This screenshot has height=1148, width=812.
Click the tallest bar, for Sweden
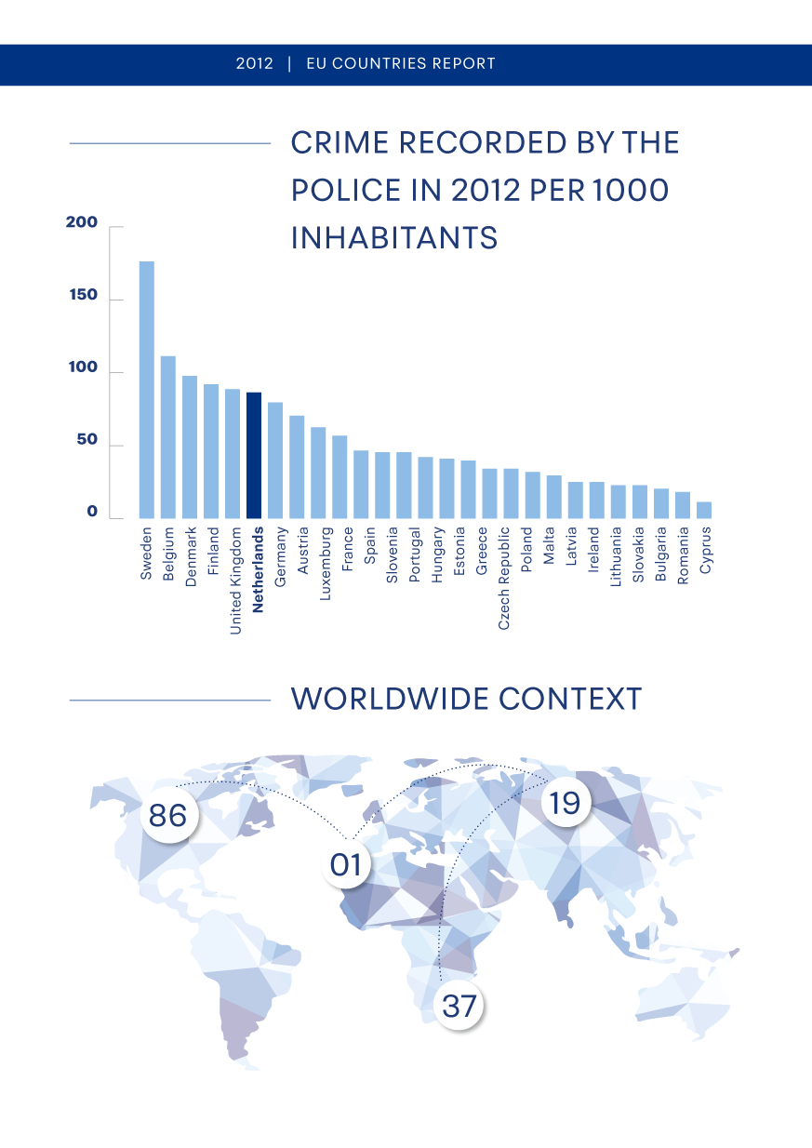pyautogui.click(x=147, y=390)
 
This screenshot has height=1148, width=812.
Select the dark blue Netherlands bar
pyautogui.click(x=254, y=455)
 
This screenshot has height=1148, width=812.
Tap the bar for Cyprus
pyautogui.click(x=704, y=510)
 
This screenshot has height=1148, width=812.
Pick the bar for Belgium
pyautogui.click(x=168, y=437)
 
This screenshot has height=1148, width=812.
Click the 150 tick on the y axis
pyautogui.click(x=82, y=296)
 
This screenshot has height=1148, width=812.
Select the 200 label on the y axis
pyautogui.click(x=82, y=223)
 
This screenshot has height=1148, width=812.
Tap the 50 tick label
pyautogui.click(x=87, y=440)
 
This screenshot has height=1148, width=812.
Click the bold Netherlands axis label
pyautogui.click(x=259, y=570)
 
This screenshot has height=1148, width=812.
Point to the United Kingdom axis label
pyautogui.click(x=236, y=581)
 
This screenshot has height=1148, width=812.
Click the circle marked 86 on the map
pyautogui.click(x=168, y=816)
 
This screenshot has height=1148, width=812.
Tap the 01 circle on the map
pyautogui.click(x=346, y=865)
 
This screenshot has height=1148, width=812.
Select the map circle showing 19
pyautogui.click(x=565, y=802)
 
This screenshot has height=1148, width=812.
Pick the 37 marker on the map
pyautogui.click(x=459, y=1005)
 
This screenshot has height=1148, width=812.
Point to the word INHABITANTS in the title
pyautogui.click(x=394, y=238)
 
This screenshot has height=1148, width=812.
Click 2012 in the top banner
pyautogui.click(x=254, y=64)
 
